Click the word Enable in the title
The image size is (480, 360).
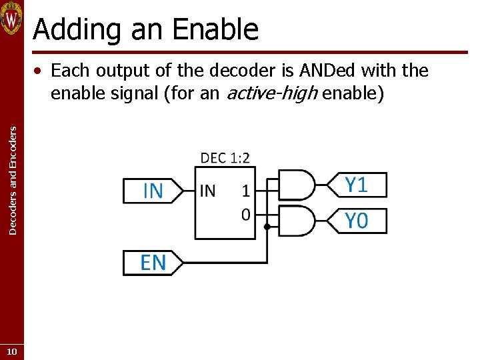pos(214,30)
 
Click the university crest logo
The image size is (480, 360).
pos(12,19)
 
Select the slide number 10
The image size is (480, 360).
pos(12,351)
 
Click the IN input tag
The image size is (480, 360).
pos(153,191)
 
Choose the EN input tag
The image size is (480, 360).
pos(153,262)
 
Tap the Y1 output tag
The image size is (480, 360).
pos(357,185)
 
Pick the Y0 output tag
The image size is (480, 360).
pos(357,221)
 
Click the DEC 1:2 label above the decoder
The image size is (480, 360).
pos(225,158)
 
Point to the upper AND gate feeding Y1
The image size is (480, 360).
pos(295,185)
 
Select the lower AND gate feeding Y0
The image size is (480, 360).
pos(295,221)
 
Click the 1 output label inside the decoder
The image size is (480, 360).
pos(245,191)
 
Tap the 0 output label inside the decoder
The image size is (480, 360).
pos(245,214)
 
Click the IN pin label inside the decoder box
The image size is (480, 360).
pos(207,191)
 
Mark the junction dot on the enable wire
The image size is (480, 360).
pos(267,227)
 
